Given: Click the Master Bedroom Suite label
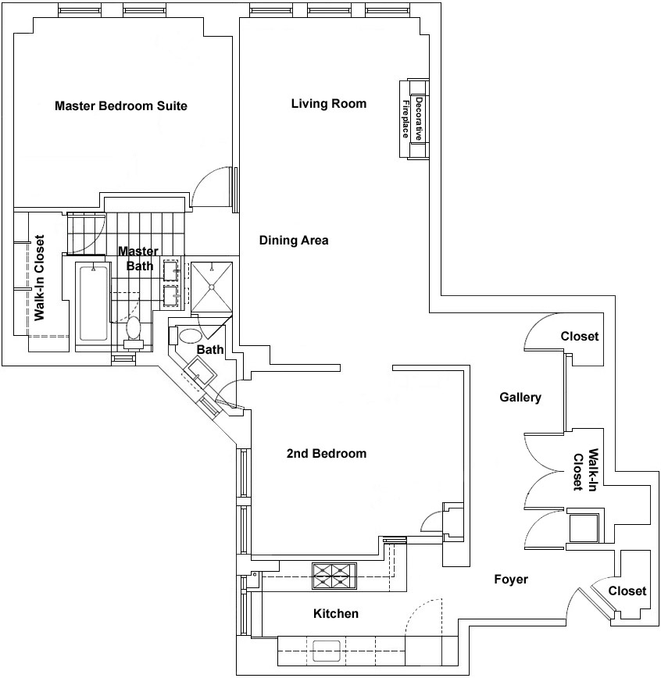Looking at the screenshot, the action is tap(121, 106).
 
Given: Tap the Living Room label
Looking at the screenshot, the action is tap(329, 104).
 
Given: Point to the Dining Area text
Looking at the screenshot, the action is tap(294, 240).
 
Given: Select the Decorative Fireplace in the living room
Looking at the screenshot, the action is tap(414, 119).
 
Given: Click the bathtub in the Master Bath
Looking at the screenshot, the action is tap(94, 303).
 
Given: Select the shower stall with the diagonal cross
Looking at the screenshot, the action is tap(212, 287).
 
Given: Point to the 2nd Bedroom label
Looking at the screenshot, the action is tap(327, 454).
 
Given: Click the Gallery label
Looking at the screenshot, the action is tap(520, 398).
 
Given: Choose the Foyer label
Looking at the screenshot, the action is tap(511, 580).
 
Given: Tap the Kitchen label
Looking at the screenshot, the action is tap(336, 614).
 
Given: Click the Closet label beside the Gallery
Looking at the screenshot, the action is tap(580, 337).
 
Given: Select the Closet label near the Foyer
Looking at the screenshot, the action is tap(627, 591).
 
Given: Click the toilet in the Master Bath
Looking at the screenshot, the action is tap(134, 333).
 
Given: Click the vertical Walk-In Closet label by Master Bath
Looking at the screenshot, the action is tap(39, 278).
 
